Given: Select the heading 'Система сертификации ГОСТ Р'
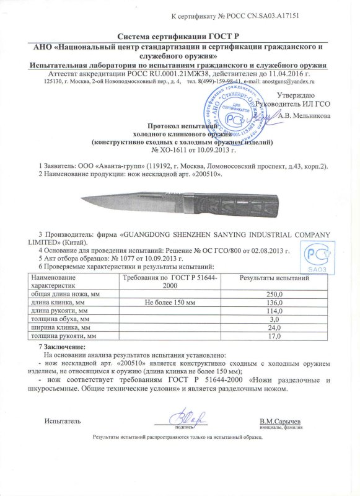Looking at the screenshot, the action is [180, 38].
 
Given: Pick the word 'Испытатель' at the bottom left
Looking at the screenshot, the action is [62, 422].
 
